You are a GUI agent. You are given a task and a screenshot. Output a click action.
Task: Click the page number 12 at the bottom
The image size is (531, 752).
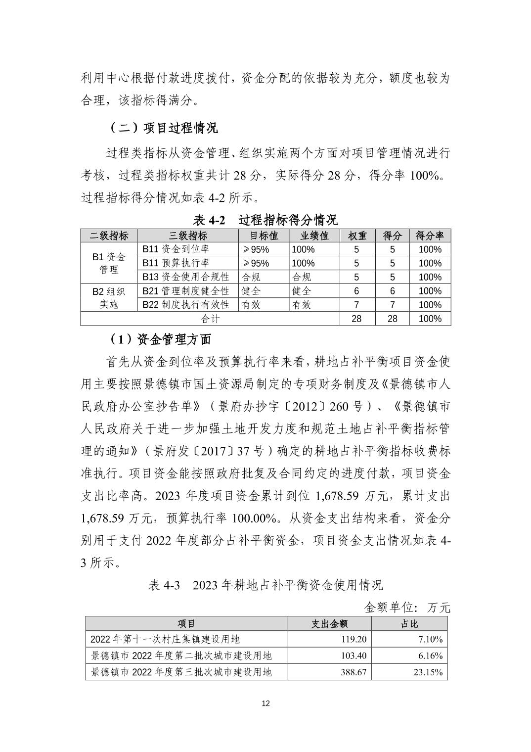pos(265,704)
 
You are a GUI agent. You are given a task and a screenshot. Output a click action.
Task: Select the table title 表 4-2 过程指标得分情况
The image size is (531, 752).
pos(265,220)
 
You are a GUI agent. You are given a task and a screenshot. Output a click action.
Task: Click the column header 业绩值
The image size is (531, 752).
pos(314,235)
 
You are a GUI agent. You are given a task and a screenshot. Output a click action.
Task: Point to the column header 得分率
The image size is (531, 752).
pos(430,235)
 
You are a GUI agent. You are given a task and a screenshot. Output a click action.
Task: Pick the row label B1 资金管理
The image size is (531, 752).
pos(109,263)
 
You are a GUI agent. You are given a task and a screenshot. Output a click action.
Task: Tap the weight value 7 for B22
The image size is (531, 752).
pos(356,305)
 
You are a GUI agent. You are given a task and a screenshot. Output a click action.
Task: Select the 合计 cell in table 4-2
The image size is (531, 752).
pos(210,319)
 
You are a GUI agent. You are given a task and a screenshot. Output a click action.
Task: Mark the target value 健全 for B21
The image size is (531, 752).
pos(251,291)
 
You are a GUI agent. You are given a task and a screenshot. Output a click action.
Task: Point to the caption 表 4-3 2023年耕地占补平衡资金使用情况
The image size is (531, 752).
pos(265,585)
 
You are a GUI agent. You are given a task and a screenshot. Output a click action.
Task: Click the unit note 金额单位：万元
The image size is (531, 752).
pos(407,607)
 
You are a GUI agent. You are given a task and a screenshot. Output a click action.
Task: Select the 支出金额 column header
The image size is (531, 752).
pos(329,623)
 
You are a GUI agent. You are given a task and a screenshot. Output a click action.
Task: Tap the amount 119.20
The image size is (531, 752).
pos(354,639)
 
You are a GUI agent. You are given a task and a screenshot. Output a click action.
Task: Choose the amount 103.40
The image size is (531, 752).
pos(354,656)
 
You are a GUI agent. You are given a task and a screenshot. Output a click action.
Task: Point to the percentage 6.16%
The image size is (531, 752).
pos(431,656)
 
